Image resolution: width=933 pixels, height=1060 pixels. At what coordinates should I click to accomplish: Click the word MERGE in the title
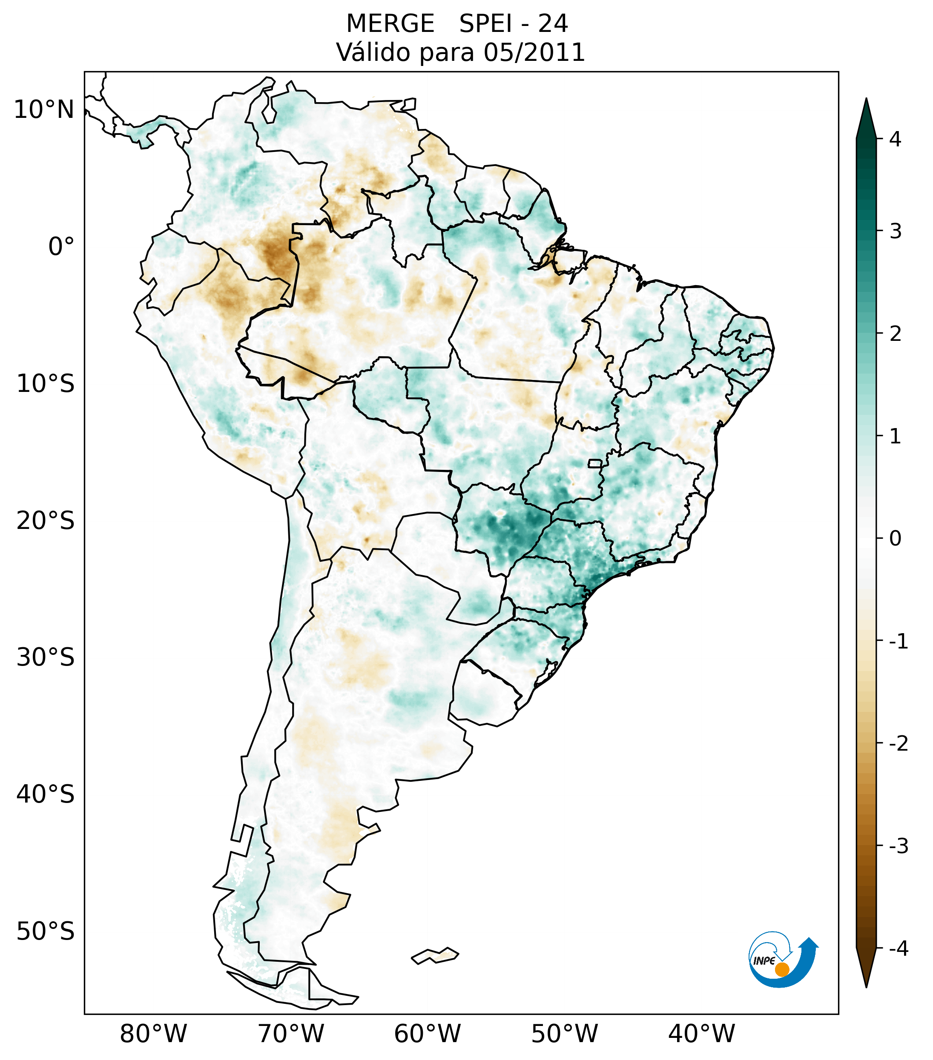pyautogui.click(x=390, y=24)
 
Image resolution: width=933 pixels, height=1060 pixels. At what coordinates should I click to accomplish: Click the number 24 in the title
pyautogui.click(x=553, y=24)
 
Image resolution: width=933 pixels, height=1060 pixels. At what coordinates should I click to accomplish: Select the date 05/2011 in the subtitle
pyautogui.click(x=534, y=52)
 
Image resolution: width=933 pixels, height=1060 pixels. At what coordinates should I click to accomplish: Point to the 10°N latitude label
pyautogui.click(x=44, y=110)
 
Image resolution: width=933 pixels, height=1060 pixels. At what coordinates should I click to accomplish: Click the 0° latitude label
pyautogui.click(x=61, y=247)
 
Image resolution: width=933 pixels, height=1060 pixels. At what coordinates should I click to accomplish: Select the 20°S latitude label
pyautogui.click(x=46, y=521)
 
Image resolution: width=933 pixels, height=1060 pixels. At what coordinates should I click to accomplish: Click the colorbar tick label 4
pyautogui.click(x=895, y=139)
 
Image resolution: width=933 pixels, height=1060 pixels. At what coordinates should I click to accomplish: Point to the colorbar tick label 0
pyautogui.click(x=895, y=539)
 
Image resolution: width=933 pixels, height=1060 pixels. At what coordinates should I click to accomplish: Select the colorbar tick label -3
pyautogui.click(x=898, y=846)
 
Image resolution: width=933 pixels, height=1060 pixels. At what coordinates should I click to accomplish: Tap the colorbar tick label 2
pyautogui.click(x=895, y=334)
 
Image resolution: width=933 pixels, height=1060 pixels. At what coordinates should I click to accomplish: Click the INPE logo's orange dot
pyautogui.click(x=782, y=969)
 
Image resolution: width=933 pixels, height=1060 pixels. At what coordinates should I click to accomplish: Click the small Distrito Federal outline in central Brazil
pyautogui.click(x=595, y=463)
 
